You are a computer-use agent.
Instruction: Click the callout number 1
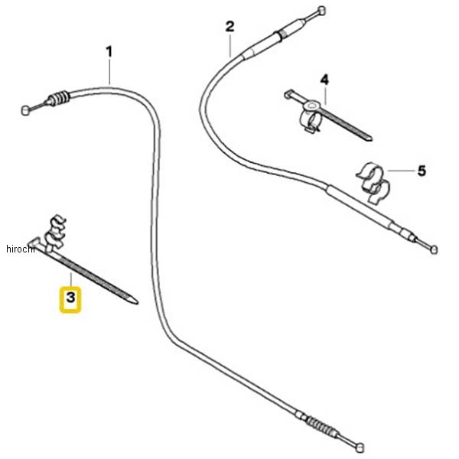pyautogui.click(x=109, y=52)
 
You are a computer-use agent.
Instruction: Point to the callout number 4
pyautogui.click(x=324, y=80)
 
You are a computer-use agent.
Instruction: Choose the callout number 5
pyautogui.click(x=421, y=171)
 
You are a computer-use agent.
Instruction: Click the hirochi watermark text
pyautogui.click(x=16, y=249)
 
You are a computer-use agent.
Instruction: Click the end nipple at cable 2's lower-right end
pyautogui.click(x=435, y=249)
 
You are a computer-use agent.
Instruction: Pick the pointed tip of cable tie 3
pyautogui.click(x=136, y=301)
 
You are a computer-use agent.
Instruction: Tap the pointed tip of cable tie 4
pyautogui.click(x=369, y=138)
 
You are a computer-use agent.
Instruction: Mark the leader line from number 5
pyautogui.click(x=400, y=171)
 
